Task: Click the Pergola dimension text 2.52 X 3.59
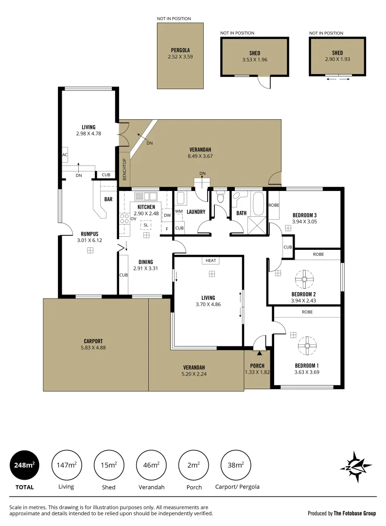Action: (180, 56)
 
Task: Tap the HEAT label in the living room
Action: (211, 261)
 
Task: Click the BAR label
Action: (108, 199)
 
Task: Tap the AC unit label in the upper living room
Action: (64, 154)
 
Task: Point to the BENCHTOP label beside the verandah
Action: (124, 169)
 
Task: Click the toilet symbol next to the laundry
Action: (220, 197)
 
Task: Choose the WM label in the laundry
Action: (178, 211)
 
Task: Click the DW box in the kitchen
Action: (167, 215)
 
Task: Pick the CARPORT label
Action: (92, 341)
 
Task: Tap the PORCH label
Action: (257, 366)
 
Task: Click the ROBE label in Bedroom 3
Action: (274, 205)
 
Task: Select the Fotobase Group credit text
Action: (342, 513)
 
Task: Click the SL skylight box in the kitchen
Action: (146, 225)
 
